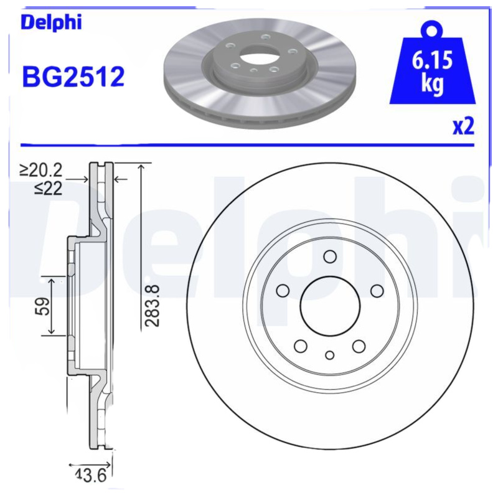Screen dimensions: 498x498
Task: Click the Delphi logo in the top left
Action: (51, 23)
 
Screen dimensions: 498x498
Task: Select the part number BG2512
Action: (73, 77)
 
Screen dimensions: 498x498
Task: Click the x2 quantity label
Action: (463, 126)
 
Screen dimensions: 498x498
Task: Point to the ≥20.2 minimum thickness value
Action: (41, 170)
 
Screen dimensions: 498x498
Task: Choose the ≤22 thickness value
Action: (49, 189)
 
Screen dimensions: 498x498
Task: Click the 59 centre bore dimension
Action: (42, 306)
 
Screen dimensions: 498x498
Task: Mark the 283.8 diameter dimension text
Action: (152, 306)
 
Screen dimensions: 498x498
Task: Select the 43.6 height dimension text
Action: (90, 475)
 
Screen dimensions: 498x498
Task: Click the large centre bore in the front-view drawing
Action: (330, 306)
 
